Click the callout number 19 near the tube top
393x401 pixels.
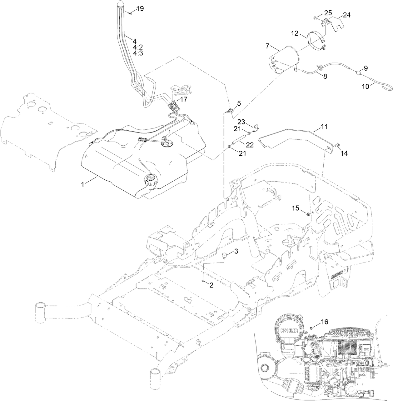pyautogui.click(x=140, y=8)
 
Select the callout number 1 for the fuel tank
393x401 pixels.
pyautogui.click(x=83, y=185)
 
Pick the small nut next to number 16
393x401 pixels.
pyautogui.click(x=312, y=328)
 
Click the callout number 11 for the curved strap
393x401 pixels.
pyautogui.click(x=324, y=127)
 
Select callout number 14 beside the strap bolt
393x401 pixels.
pyautogui.click(x=344, y=153)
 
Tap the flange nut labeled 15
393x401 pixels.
pyautogui.click(x=308, y=214)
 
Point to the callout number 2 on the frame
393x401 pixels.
pyautogui.click(x=211, y=285)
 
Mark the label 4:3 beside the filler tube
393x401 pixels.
pyautogui.click(x=138, y=53)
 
